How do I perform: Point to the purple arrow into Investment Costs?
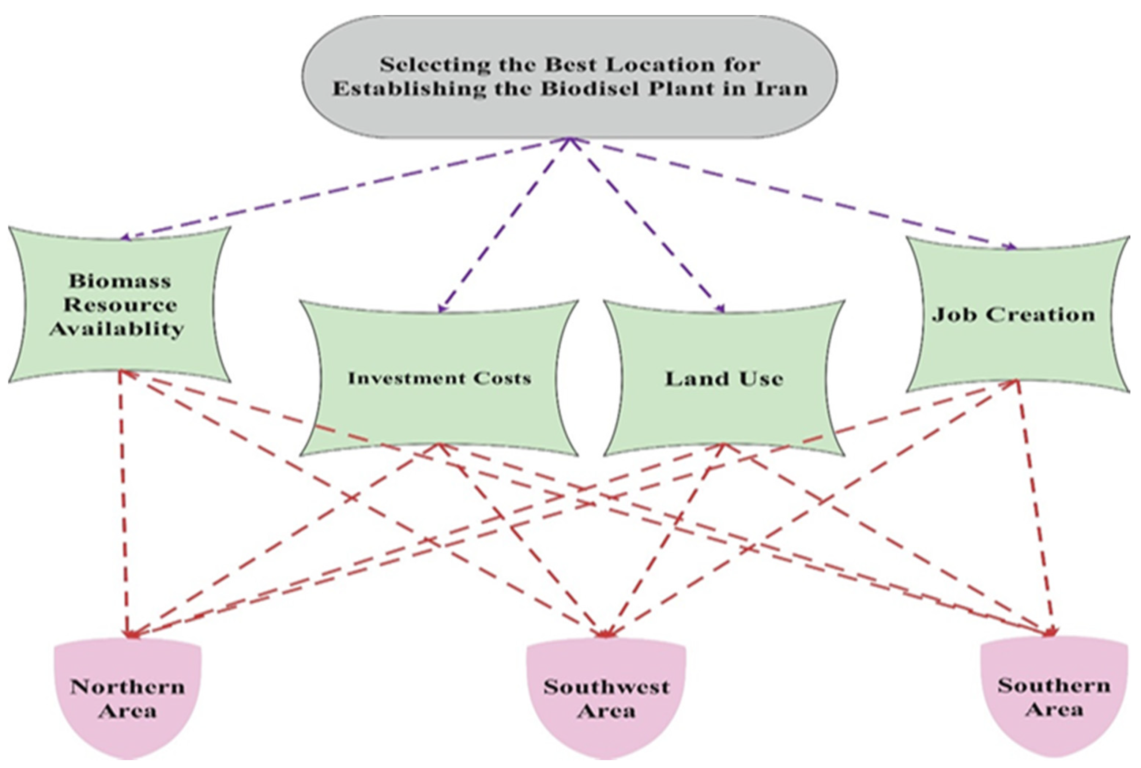coord(504,225)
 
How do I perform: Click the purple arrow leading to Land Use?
coord(646,225)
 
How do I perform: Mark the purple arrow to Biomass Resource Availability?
coord(343,188)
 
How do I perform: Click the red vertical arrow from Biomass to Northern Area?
coord(123,505)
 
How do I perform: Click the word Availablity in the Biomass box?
coord(117,328)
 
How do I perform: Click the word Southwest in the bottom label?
coord(606,687)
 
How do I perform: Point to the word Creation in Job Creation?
coord(1040,314)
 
